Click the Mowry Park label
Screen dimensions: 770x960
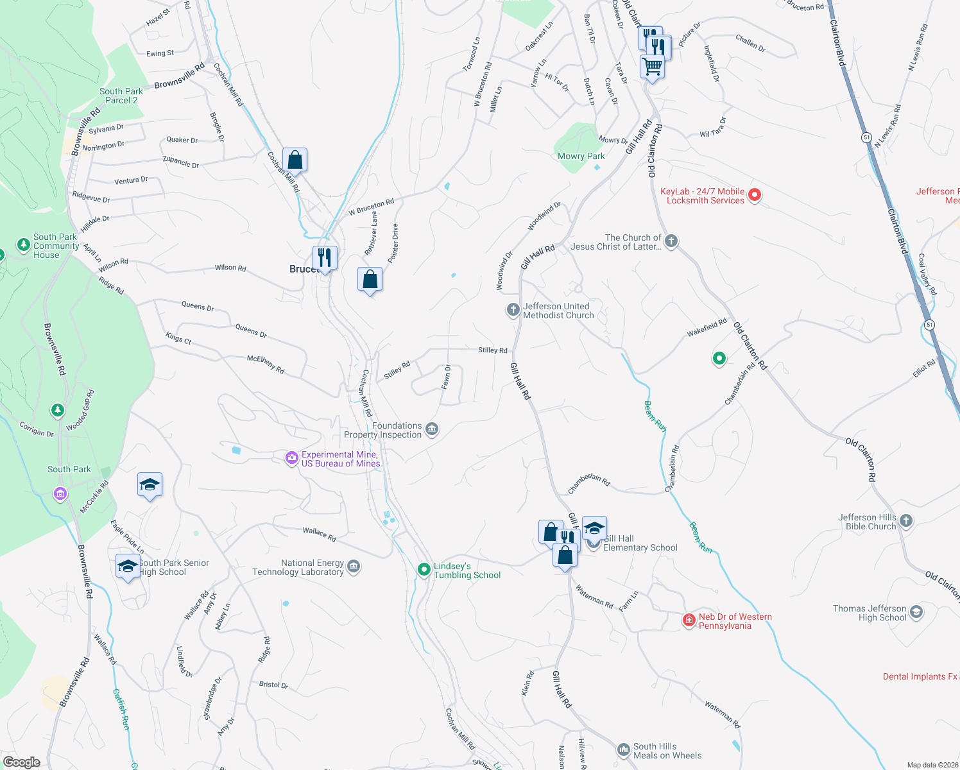(x=581, y=156)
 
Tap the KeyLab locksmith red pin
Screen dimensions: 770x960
(x=755, y=194)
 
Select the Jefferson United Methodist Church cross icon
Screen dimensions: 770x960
(x=513, y=311)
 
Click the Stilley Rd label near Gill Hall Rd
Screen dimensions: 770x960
(x=492, y=350)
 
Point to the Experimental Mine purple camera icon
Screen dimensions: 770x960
(x=292, y=458)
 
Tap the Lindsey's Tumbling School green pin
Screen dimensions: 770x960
(x=424, y=569)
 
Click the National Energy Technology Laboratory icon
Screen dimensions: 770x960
(x=354, y=567)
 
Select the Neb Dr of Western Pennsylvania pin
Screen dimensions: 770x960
(x=689, y=620)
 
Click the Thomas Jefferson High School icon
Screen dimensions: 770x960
(x=916, y=612)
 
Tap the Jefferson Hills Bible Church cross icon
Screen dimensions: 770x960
(x=906, y=520)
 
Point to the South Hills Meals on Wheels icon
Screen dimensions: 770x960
(x=623, y=749)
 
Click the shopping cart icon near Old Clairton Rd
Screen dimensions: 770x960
(x=652, y=65)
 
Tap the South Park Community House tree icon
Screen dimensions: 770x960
(x=24, y=244)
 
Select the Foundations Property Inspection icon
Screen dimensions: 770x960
(x=432, y=429)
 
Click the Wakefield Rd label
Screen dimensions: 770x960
(x=707, y=327)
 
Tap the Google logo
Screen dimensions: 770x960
(x=22, y=762)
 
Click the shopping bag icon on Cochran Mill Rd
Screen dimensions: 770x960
(x=295, y=159)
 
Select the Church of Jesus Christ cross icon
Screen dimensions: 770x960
(x=671, y=241)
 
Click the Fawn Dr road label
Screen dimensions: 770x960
(x=446, y=377)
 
